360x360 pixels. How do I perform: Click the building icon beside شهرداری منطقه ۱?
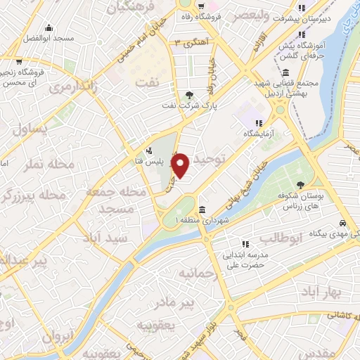click(x=202, y=210)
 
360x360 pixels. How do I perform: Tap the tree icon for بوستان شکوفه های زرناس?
click(x=300, y=184)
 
